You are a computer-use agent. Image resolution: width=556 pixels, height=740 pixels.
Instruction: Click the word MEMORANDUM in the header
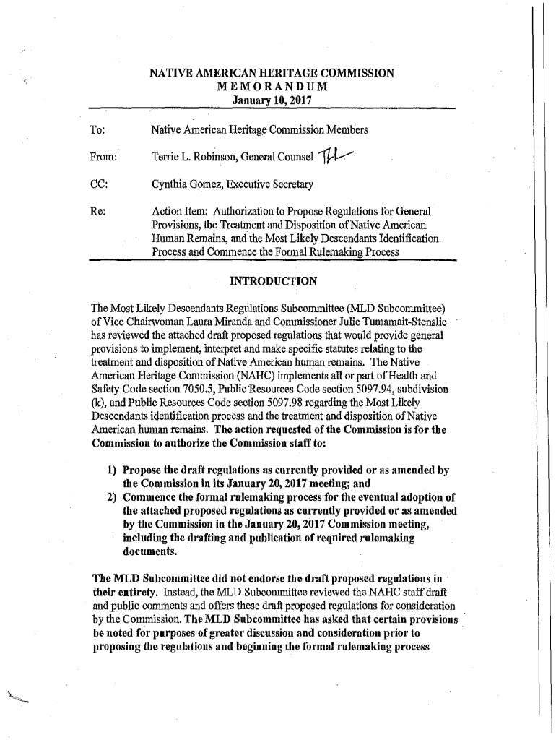click(x=272, y=87)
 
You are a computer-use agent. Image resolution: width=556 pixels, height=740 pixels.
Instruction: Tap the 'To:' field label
click(x=97, y=131)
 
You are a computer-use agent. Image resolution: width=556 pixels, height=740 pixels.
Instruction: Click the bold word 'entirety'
click(x=127, y=592)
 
